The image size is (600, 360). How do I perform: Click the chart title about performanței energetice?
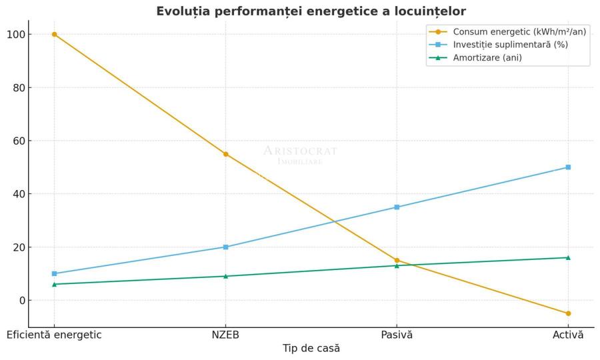311,11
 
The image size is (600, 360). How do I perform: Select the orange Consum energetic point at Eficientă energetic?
54,34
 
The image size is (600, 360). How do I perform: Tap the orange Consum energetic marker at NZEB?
225,154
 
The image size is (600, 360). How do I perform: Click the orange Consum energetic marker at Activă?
568,313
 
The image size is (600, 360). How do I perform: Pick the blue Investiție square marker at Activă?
568,167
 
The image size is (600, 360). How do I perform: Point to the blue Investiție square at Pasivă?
397,207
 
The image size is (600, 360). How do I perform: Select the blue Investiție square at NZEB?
225,247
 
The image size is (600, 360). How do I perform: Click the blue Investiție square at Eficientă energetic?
54,273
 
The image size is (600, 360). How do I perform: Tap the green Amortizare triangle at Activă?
568,257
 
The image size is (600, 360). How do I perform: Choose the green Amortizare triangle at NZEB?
225,276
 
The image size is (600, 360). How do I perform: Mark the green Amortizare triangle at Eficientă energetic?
54,284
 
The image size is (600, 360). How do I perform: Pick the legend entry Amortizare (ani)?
487,58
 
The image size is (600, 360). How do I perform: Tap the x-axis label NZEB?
225,335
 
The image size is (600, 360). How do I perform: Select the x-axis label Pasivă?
397,335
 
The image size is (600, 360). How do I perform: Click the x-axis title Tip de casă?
311,349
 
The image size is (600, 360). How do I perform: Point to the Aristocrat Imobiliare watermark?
300,155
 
